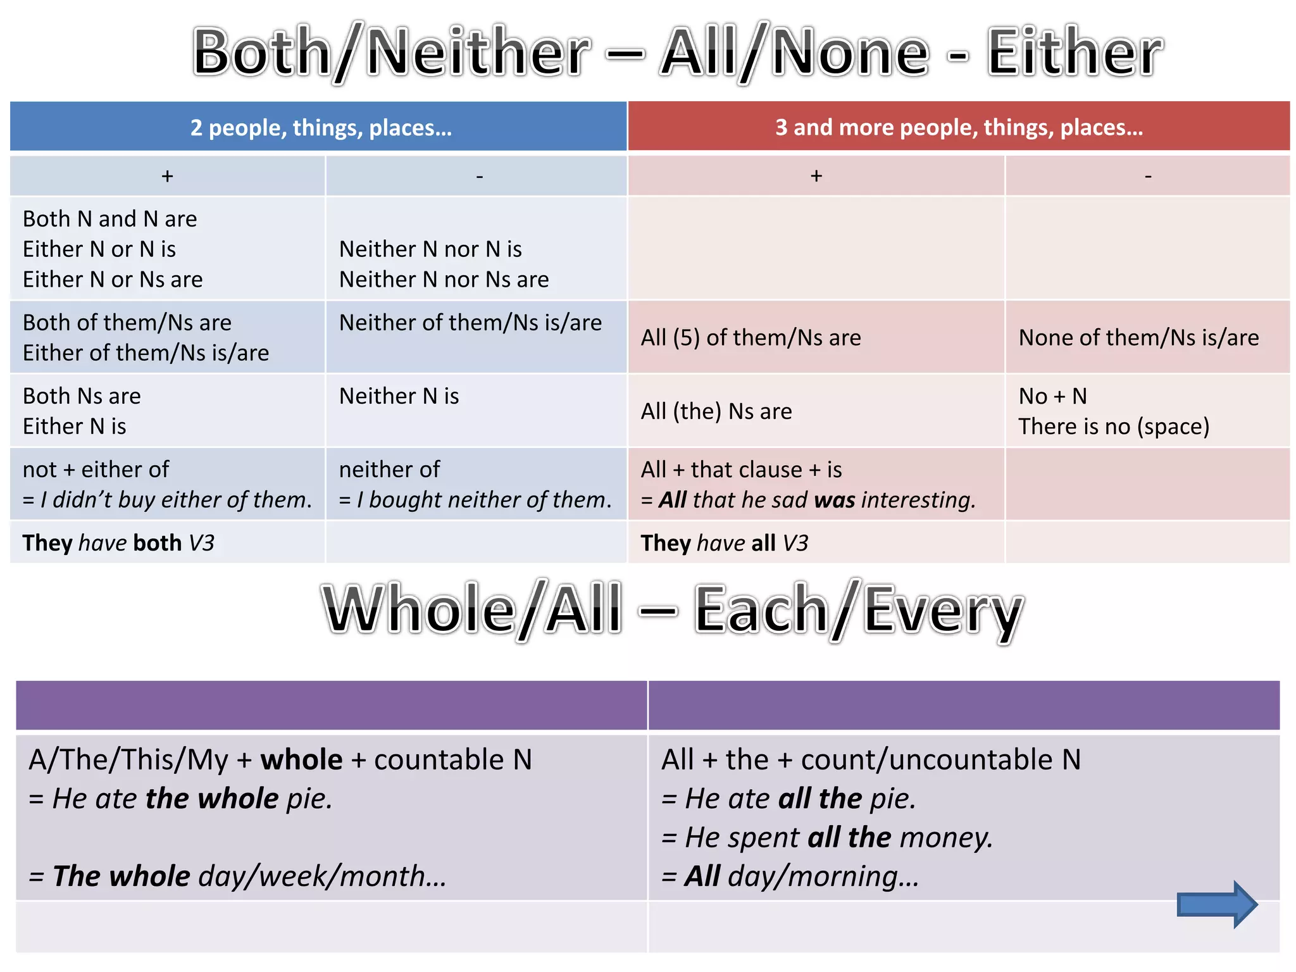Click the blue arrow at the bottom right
pos(1216,904)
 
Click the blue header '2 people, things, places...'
pos(321,128)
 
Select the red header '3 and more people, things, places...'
pos(959,128)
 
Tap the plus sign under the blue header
pos(167,176)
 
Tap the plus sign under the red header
pos(816,176)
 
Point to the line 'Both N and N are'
pos(109,219)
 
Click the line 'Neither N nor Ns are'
pos(444,280)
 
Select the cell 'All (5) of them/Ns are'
pos(751,338)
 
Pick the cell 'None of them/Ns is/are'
pos(1138,338)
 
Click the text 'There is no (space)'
pos(1114,427)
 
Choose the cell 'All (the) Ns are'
pos(716,411)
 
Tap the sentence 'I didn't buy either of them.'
pos(176,500)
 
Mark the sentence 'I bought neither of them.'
pos(484,500)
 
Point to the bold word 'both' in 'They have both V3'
pos(157,543)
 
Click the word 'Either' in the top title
pos(1074,52)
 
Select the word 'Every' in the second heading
pos(943,610)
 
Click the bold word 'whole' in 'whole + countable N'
pos(301,759)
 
